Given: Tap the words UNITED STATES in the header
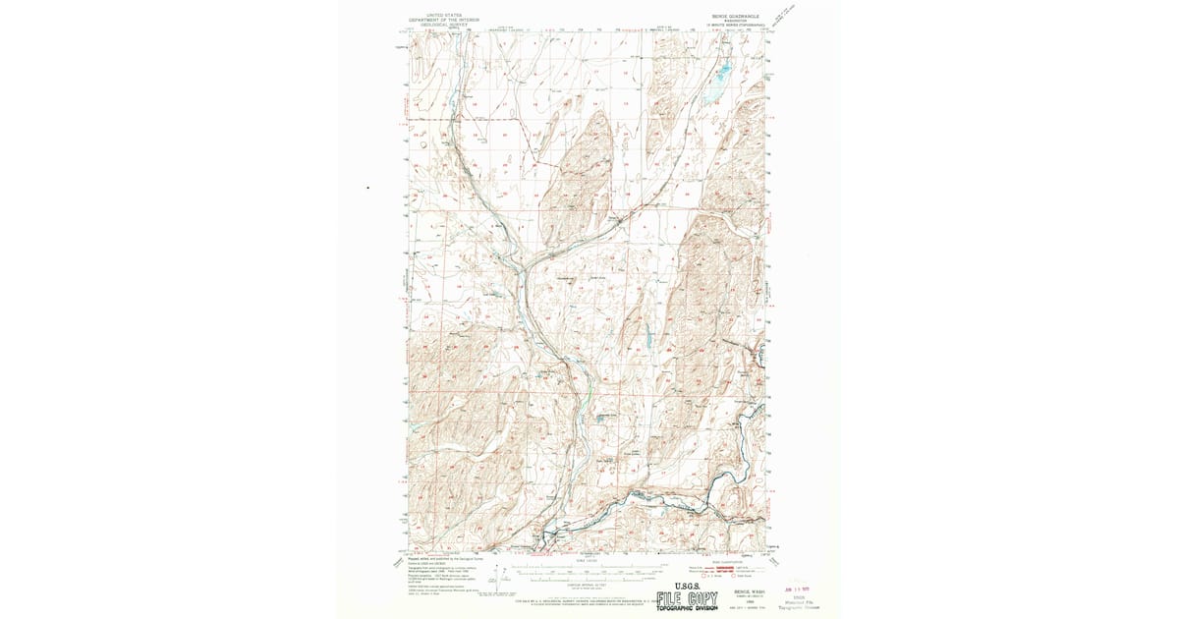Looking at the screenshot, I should tap(438, 15).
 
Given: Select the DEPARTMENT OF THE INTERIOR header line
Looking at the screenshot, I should tap(438, 20).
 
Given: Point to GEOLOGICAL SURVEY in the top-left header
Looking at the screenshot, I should tap(438, 25).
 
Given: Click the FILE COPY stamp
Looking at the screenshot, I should tap(687, 598).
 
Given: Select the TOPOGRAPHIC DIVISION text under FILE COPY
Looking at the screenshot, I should tap(687, 609).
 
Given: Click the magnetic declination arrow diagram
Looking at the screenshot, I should tap(502, 574).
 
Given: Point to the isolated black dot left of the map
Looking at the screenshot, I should tap(368, 187).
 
